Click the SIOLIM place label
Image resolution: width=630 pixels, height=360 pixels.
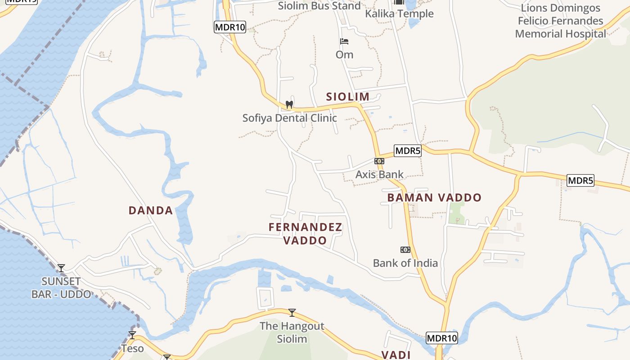coord(347,97)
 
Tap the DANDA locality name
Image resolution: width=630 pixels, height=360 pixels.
coord(151,211)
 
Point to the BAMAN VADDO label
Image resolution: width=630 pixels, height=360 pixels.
coord(434,198)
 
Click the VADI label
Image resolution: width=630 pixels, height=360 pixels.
coord(396,355)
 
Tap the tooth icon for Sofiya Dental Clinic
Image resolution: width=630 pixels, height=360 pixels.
coord(289,104)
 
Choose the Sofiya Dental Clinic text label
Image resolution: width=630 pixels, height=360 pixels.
coord(289,118)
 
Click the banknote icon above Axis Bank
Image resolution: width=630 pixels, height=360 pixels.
coord(379,161)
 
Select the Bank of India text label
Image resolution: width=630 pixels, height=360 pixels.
coord(405,263)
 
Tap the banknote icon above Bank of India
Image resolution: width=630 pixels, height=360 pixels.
coord(405,250)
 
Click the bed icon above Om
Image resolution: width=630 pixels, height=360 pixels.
coord(344,41)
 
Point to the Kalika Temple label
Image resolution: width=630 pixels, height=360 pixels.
coord(399,13)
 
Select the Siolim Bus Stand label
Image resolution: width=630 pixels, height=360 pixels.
coord(319,6)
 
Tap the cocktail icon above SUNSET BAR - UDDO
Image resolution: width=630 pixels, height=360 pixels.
coord(61,268)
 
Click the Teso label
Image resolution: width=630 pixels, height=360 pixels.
coord(132,348)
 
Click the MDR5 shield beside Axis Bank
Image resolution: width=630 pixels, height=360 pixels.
coord(407,151)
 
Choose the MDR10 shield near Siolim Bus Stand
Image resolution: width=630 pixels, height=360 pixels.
coord(230,27)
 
